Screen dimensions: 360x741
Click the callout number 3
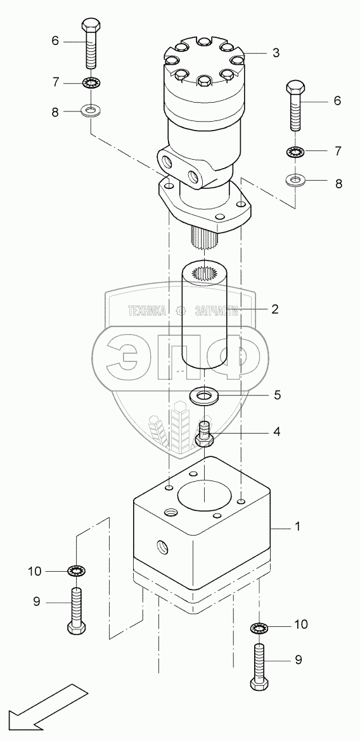(276, 53)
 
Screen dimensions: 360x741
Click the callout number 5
(278, 394)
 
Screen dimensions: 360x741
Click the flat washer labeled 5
(203, 395)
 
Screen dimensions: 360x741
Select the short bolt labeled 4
(204, 434)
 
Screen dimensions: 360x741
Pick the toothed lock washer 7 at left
(92, 84)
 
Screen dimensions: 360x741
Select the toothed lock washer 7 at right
(296, 152)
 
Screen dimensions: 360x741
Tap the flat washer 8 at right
(296, 180)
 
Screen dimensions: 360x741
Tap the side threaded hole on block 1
(162, 547)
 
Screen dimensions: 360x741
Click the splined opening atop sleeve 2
(203, 273)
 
